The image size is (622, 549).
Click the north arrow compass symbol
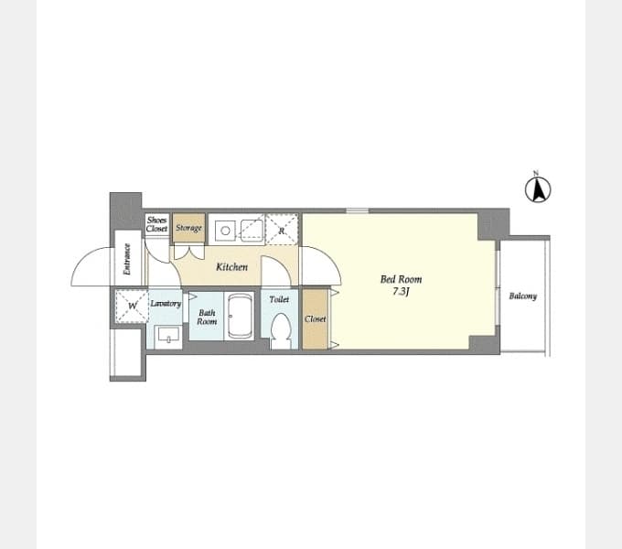538,189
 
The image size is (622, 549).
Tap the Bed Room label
401,279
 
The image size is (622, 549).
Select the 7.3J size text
401,292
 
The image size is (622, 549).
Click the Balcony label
523,296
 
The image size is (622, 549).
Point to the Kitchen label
231,267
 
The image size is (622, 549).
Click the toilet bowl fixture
281,330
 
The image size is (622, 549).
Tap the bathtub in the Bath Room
241,317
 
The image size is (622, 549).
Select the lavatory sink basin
168,337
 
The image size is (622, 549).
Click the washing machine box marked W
132,306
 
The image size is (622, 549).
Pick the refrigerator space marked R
281,230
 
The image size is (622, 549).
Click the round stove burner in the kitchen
225,231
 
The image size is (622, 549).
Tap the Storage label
188,228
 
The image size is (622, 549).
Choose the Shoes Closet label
156,224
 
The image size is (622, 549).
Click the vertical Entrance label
127,259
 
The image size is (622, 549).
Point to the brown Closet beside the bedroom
316,319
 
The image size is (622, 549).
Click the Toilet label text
279,299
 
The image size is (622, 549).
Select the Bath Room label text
207,318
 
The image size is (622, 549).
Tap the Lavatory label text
166,304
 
